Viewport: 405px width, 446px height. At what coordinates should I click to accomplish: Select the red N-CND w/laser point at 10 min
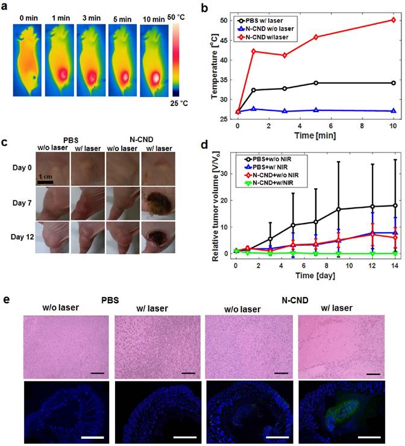pos(393,19)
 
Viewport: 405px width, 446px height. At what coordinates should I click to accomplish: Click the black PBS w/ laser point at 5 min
pos(316,83)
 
